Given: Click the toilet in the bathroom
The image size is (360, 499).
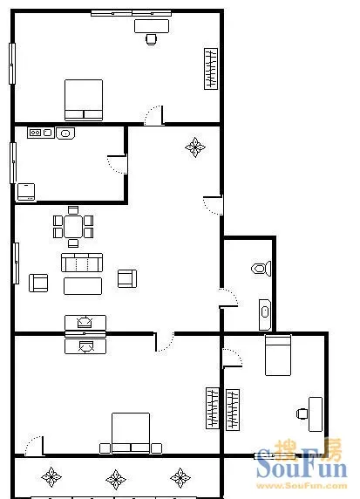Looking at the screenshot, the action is [x=262, y=269].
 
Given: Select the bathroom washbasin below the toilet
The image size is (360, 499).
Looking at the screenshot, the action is [x=265, y=314].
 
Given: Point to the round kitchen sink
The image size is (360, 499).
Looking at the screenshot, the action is [x=65, y=133].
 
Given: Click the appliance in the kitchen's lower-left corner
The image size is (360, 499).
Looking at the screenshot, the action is [x=26, y=192].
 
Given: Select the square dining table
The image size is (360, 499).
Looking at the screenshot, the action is [x=73, y=226].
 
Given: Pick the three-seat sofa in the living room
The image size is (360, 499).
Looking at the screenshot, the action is [x=82, y=263].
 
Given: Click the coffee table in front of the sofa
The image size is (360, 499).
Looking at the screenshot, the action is [x=83, y=286].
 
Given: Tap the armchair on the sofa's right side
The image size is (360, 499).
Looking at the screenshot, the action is [x=127, y=279].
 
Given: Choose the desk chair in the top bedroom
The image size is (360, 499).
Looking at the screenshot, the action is [x=152, y=39].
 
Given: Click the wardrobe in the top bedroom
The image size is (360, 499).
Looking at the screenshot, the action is [x=211, y=69].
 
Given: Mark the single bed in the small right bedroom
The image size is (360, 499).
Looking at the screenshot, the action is [x=278, y=355].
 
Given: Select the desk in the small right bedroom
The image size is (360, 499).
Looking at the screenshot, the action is [x=316, y=414].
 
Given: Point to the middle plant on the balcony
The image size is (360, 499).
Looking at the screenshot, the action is [x=116, y=479].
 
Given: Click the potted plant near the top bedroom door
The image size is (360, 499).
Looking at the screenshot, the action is [x=195, y=147].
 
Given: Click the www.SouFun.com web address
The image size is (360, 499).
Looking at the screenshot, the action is [x=302, y=486].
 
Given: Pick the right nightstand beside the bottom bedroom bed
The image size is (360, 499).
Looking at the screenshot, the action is [x=157, y=448].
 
